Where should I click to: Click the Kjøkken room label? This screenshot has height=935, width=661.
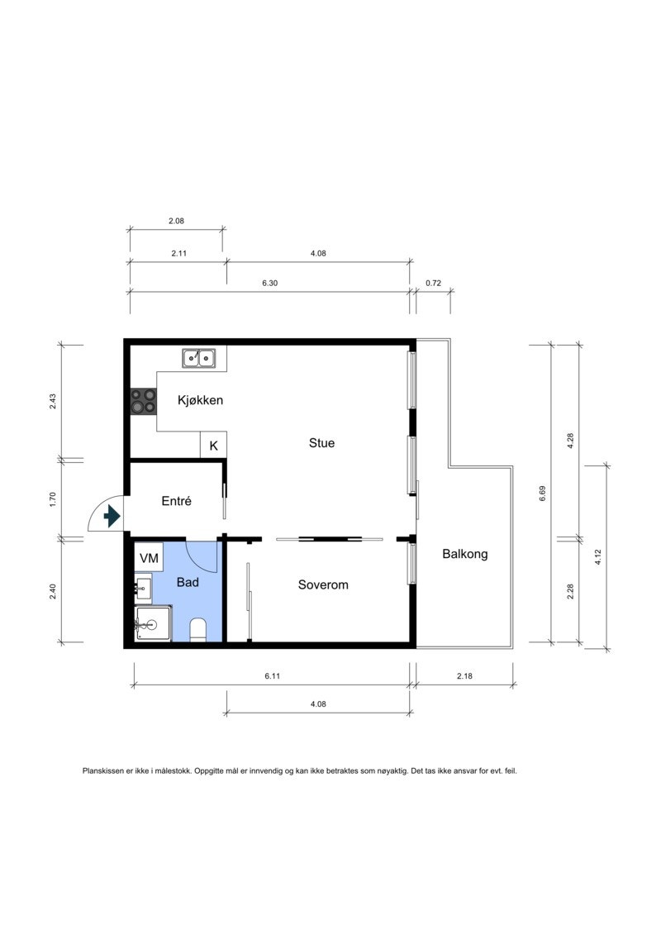coord(200,400)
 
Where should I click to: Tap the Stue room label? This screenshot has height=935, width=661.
coord(321,443)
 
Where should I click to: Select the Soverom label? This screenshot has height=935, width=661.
coord(323,585)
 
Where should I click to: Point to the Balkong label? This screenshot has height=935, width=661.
coord(465,554)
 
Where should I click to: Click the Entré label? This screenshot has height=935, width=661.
coord(177,502)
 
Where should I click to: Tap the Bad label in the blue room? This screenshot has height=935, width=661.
coord(188,582)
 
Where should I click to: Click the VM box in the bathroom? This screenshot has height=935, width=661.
coord(149,557)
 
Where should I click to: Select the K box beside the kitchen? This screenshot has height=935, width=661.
coord(213,446)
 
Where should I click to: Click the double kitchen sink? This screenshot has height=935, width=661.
coord(199,359)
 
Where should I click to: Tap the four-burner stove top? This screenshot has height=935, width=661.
coord(144,401)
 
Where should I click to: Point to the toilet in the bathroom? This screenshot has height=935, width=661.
coord(197,630)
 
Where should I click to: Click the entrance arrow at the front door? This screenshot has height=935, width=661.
coord(112,516)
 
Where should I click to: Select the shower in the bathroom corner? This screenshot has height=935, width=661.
coord(153,624)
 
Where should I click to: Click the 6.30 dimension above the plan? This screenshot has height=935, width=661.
coord(270,284)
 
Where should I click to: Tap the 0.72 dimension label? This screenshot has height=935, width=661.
coord(433,284)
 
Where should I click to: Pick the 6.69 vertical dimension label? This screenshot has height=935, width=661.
coord(542,494)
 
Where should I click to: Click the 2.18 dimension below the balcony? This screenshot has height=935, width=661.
coord(464,676)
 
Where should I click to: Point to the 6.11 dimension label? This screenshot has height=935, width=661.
coord(273,676)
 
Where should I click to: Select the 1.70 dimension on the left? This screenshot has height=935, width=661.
coord(52,499)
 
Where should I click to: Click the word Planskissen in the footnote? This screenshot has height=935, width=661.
coord(102,771)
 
